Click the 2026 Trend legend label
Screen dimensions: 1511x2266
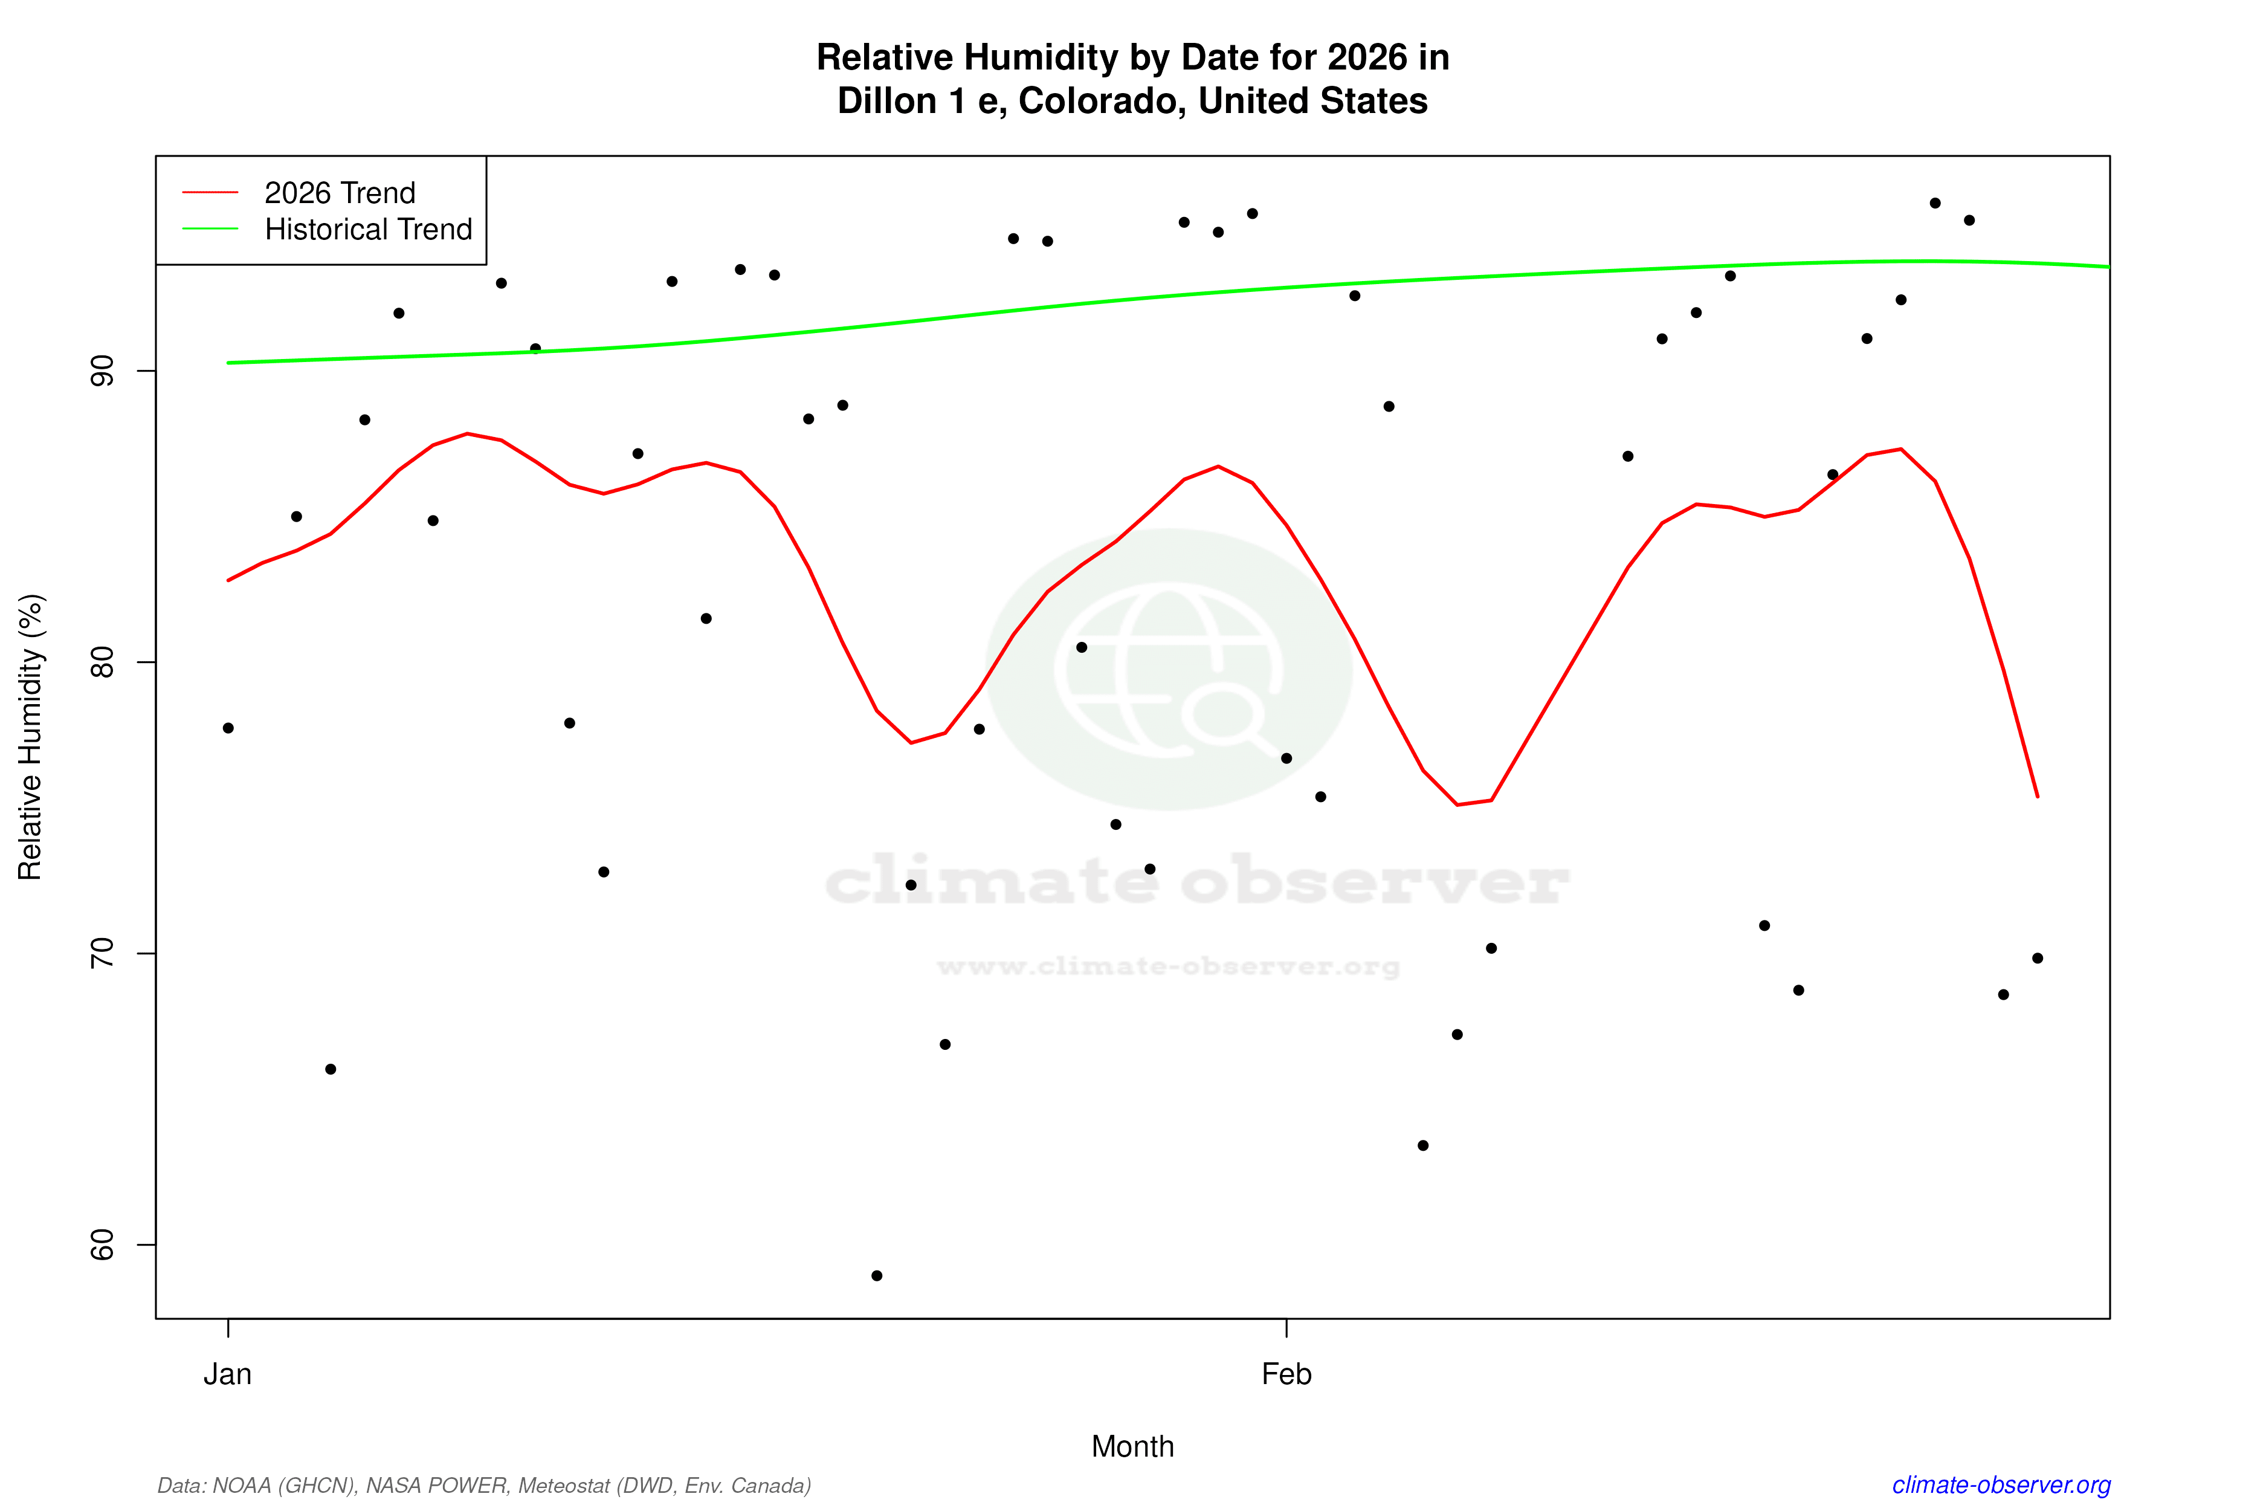point(339,193)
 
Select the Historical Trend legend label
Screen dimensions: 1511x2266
point(368,229)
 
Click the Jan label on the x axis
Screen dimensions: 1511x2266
point(227,1374)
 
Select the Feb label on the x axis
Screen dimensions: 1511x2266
point(1286,1374)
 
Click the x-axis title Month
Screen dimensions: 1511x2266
point(1132,1446)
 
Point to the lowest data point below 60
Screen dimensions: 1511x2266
point(877,1276)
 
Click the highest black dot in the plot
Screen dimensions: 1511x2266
point(1935,203)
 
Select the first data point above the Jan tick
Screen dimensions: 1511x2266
point(228,728)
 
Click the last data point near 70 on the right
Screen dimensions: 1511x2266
point(2038,958)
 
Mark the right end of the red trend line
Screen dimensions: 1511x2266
point(2038,796)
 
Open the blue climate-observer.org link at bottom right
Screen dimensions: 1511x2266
point(2001,1485)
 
